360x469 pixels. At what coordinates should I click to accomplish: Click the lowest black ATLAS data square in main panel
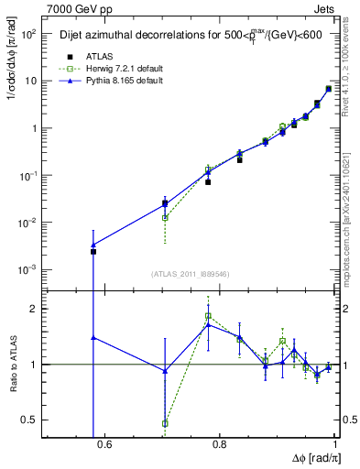point(93,251)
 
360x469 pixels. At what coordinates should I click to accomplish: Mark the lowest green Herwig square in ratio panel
point(165,423)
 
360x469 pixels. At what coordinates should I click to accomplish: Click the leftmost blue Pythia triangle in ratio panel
point(93,337)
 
